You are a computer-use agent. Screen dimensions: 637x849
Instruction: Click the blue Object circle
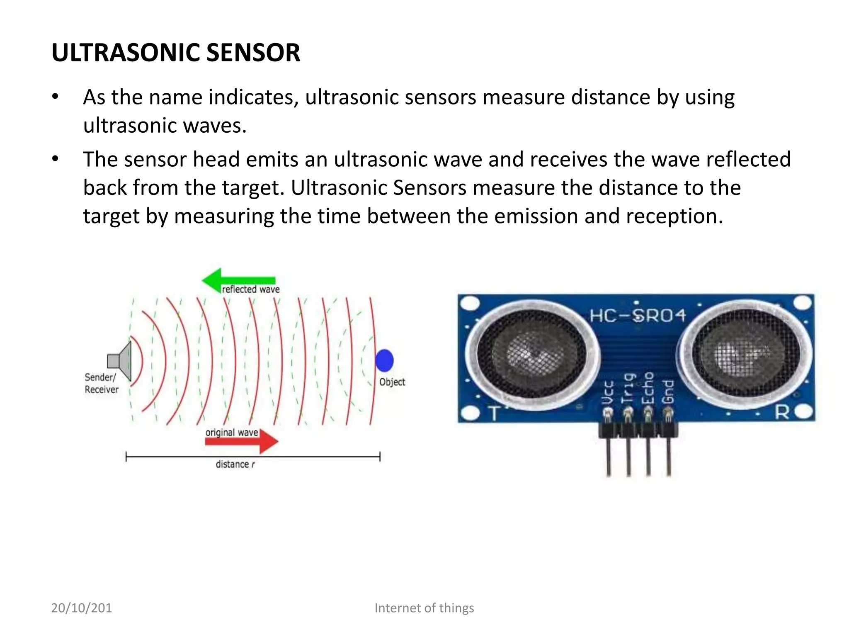pos(384,360)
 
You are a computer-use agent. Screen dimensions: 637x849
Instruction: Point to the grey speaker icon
pos(120,361)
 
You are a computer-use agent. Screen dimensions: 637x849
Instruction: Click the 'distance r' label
pos(235,464)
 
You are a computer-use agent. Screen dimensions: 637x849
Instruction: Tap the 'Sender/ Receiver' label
pos(101,383)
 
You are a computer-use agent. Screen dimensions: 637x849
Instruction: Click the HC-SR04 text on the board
pos(638,316)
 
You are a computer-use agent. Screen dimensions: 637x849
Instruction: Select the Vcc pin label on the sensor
pos(608,392)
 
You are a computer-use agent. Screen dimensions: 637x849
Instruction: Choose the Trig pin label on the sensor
pos(628,388)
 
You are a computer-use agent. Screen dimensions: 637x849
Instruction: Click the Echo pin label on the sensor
pos(648,388)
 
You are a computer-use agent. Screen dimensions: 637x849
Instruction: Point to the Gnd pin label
pos(668,391)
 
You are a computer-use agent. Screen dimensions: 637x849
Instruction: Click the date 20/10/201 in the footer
pos(81,608)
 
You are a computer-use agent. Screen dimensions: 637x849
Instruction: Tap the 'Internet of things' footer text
pos(424,608)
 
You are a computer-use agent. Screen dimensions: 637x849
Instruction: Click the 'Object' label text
pos(392,382)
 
